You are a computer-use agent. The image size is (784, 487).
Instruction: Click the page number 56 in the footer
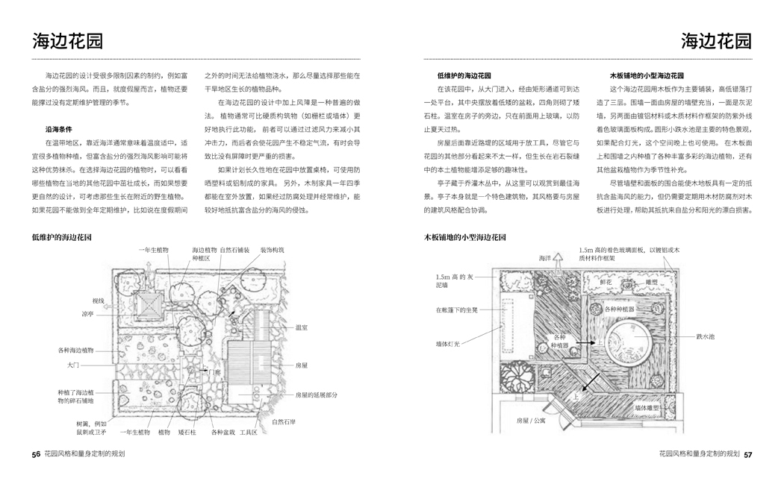pos(36,453)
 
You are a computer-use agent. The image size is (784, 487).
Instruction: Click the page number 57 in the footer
pos(747,453)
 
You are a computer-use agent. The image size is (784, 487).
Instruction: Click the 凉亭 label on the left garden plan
pos(87,313)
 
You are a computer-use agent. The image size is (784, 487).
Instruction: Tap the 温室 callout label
pos(302,327)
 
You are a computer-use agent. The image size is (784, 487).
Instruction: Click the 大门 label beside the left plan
pos(73,365)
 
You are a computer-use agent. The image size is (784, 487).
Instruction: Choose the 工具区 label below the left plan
pos(248,432)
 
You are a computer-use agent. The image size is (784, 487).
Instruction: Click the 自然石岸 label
pos(284,422)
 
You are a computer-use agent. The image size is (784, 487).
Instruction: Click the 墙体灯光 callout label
pos(448,345)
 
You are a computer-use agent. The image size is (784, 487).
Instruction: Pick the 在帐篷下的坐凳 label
pos(456,309)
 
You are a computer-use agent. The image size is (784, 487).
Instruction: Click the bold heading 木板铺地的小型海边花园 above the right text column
pos(647,75)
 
